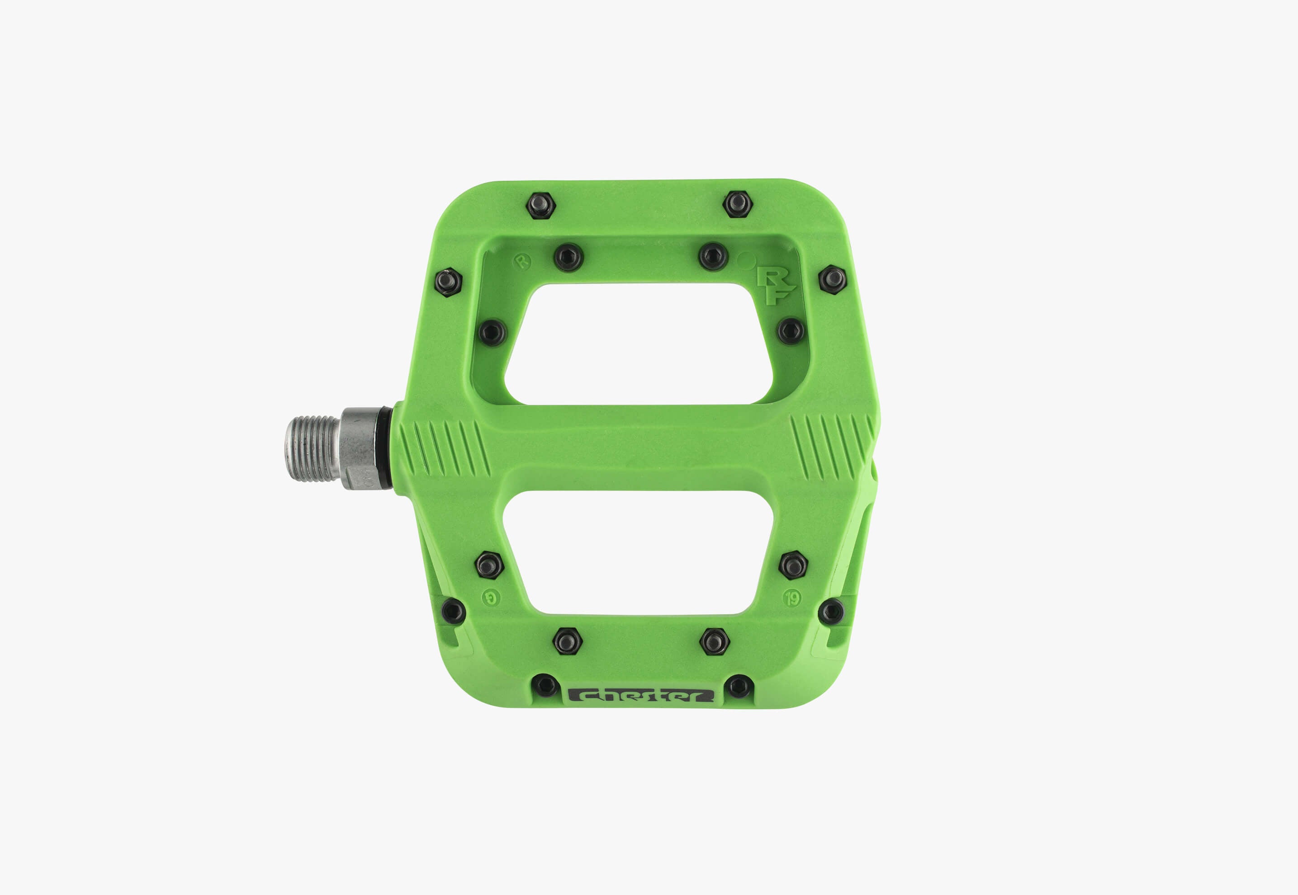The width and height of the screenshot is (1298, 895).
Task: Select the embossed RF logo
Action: click(x=775, y=287)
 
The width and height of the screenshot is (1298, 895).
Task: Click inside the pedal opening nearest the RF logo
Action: click(x=638, y=343)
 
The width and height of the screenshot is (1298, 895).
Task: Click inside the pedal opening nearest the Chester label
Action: click(x=638, y=552)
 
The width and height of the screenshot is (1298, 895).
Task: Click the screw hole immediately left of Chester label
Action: click(x=544, y=685)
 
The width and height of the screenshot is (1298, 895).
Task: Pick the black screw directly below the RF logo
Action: click(x=790, y=331)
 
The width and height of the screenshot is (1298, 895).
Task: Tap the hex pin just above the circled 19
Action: click(x=793, y=565)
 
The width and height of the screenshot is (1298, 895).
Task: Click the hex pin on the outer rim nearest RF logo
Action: click(x=833, y=279)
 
